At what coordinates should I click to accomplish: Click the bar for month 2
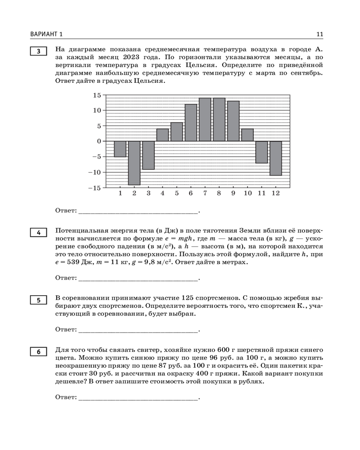coord(134,163)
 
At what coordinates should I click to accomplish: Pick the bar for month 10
coord(247,135)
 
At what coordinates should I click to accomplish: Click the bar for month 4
coord(162,135)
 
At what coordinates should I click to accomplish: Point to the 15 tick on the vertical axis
coord(97,95)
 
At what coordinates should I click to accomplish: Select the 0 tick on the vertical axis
coord(99,141)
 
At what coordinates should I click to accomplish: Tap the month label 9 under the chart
coord(233,193)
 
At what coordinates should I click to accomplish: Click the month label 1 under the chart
coord(120,193)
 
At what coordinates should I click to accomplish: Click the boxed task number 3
coord(39,51)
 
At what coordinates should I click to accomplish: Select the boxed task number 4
coord(39,233)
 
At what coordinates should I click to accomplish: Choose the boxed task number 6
coord(39,352)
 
